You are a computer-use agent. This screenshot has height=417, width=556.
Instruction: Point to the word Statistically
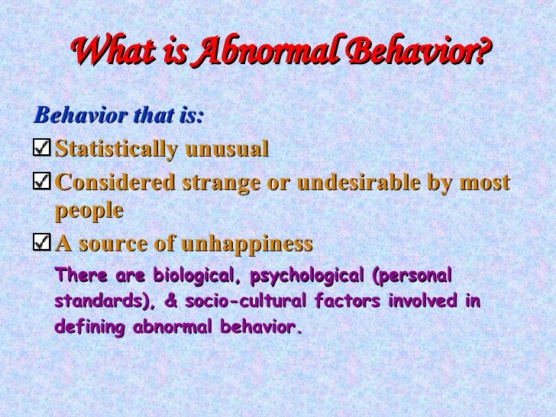coord(115,147)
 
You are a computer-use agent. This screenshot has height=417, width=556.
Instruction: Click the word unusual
coord(225,147)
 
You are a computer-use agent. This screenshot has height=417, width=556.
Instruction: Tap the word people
coord(89,212)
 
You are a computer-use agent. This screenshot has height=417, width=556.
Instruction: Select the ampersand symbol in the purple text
coord(170,302)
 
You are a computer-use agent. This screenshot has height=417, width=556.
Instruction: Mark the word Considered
coord(115,184)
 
